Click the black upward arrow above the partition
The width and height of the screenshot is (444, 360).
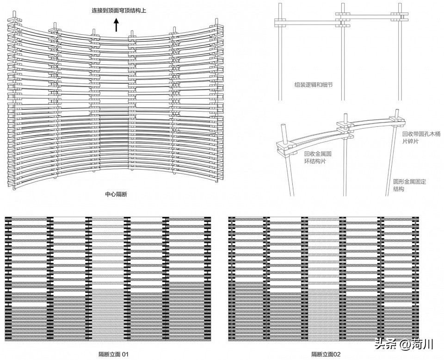[x=116, y=25]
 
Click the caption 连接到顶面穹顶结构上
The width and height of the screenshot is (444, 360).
[x=119, y=11]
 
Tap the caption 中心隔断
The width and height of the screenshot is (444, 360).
[x=116, y=194]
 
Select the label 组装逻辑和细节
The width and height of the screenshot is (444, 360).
[x=314, y=85]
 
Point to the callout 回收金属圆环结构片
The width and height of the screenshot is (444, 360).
[x=318, y=157]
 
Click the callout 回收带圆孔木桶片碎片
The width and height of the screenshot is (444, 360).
[x=421, y=137]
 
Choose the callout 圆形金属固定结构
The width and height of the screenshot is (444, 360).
[x=409, y=185]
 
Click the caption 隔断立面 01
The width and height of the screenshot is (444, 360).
[x=114, y=354]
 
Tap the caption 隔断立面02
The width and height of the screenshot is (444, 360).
[x=326, y=354]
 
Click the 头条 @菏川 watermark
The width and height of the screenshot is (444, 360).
[x=404, y=344]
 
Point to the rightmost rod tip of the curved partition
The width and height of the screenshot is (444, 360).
[x=216, y=20]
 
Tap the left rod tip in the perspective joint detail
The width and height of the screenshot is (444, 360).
[x=283, y=126]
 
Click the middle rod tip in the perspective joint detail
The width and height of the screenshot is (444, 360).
[x=345, y=115]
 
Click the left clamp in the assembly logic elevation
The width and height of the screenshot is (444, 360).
[x=280, y=23]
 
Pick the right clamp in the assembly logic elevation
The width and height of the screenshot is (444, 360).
[x=400, y=16]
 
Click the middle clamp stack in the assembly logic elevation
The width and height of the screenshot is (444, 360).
[x=343, y=19]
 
